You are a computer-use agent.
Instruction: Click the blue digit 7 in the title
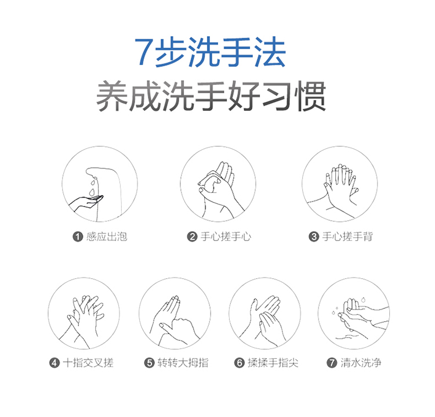click(144, 52)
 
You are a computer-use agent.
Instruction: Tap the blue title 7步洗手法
click(211, 52)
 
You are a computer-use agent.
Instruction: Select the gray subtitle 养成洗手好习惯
click(211, 96)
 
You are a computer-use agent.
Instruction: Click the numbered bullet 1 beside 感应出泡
click(78, 237)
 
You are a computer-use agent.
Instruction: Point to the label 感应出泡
click(107, 237)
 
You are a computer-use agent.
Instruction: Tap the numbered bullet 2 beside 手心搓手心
click(192, 237)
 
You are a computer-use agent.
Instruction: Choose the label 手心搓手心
click(226, 237)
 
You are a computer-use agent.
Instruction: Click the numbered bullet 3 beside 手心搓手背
click(314, 237)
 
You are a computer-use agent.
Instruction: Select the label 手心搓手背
click(347, 237)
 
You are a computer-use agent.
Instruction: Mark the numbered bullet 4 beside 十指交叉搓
click(55, 363)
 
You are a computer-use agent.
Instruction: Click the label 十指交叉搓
click(88, 363)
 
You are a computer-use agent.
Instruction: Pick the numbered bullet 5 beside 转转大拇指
click(149, 363)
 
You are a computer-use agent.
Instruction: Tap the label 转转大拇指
click(183, 363)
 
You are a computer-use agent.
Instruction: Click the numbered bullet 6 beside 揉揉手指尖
click(239, 363)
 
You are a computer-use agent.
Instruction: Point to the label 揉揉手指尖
click(273, 363)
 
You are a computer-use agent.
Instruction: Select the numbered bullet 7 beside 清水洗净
click(332, 363)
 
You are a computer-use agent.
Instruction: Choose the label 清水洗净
click(361, 363)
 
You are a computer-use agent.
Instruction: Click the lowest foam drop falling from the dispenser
click(92, 192)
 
